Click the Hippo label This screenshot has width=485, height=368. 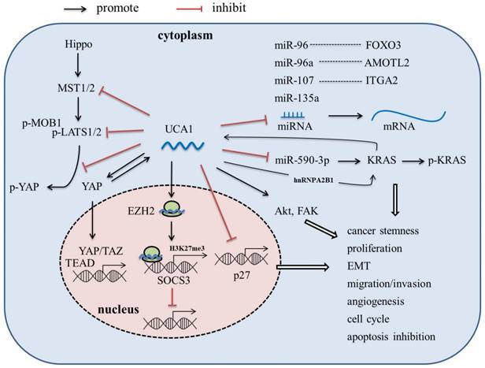click(x=79, y=59)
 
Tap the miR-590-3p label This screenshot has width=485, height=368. click(x=311, y=158)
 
